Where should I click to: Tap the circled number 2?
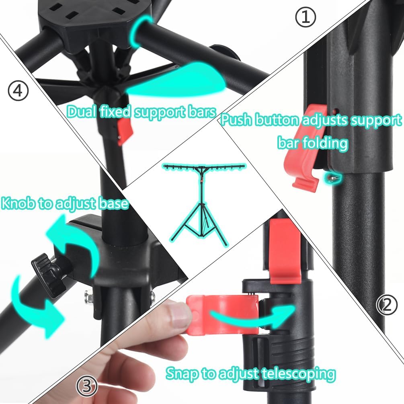[387, 306]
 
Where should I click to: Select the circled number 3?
[86, 386]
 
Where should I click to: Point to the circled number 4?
[18, 91]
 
